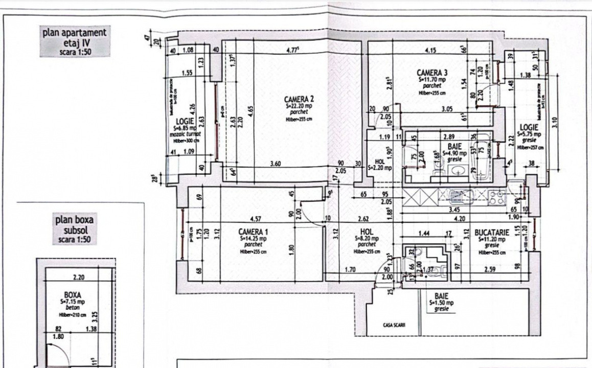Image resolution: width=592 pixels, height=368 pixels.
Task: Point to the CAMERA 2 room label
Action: click(299, 99)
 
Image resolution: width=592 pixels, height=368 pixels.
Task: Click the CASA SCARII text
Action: click(394, 325)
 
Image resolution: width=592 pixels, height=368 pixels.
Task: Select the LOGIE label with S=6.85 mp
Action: click(184, 121)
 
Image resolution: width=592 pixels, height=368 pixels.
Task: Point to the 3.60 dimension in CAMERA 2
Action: click(276, 163)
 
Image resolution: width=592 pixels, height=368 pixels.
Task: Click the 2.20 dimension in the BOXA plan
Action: click(78, 278)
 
